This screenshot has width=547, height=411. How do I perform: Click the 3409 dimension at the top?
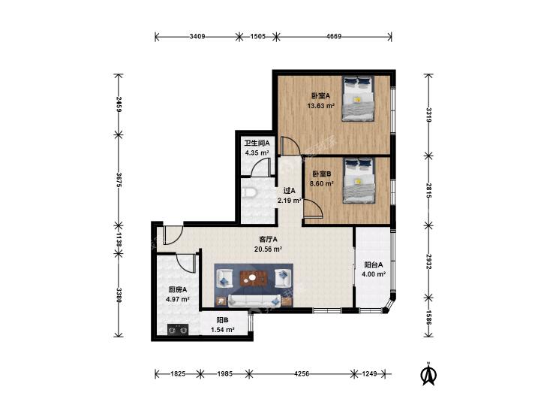(197, 36)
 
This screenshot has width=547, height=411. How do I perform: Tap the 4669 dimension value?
(334, 36)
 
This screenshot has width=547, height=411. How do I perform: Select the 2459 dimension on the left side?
(119, 104)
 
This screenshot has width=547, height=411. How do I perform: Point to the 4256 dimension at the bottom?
(302, 373)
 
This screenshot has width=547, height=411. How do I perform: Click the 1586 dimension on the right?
(428, 317)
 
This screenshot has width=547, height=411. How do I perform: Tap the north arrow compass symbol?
(428, 374)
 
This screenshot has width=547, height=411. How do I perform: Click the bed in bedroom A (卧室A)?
(358, 99)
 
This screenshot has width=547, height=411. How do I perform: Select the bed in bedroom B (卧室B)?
(359, 180)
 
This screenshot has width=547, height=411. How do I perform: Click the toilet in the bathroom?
(250, 192)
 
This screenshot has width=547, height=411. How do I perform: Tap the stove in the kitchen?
(178, 330)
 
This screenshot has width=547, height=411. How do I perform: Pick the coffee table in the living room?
(254, 278)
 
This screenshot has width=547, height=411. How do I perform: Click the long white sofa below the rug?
(254, 301)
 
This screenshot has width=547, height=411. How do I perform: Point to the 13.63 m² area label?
(321, 106)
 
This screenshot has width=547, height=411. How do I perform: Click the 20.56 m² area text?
(269, 249)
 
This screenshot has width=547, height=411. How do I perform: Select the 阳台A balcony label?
(374, 265)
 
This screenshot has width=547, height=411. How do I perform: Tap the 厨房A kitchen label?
(178, 290)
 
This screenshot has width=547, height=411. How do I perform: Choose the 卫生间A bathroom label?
(257, 144)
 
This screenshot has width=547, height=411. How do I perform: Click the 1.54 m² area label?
(223, 329)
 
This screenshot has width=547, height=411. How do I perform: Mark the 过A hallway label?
(290, 191)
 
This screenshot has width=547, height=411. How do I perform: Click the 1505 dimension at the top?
(258, 36)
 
